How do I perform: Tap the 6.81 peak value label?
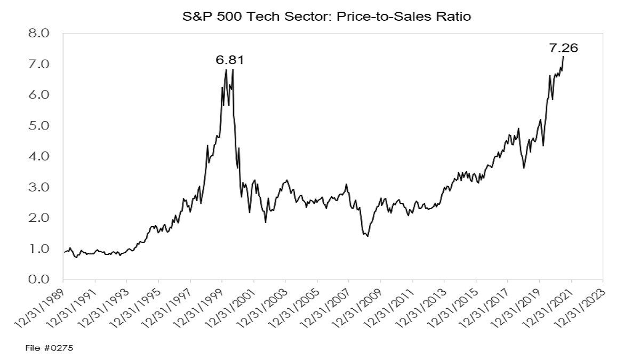coord(230,60)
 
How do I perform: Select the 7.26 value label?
coord(563,48)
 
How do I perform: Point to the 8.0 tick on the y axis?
coord(39,33)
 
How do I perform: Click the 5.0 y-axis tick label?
coord(39,126)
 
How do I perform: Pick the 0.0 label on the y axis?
coord(39,279)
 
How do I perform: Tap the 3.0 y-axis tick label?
coord(39,187)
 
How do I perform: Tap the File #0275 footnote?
coord(49,348)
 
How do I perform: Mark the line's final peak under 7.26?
coord(563,57)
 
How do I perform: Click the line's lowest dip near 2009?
coord(367,236)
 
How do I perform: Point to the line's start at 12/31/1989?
coord(64,252)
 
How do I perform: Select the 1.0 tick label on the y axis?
coord(39,249)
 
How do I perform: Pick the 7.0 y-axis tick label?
coord(39,64)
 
